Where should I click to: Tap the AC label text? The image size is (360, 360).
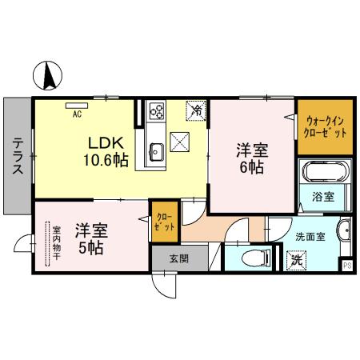click(x=78, y=114)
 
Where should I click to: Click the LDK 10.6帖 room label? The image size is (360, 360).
click(x=106, y=150)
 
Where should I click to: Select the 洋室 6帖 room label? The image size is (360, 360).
click(x=250, y=157)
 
